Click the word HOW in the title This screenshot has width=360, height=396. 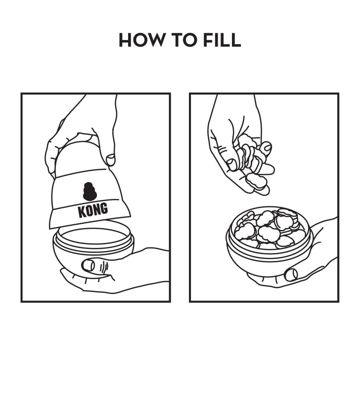(x=141, y=40)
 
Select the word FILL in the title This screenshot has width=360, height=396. (x=222, y=40)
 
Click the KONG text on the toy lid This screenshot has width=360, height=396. (x=92, y=210)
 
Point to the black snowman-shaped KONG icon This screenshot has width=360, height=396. (x=90, y=192)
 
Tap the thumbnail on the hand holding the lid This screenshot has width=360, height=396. (x=110, y=160)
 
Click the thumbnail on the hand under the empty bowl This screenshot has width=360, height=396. (x=88, y=265)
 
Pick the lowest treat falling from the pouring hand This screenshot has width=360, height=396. (x=257, y=181)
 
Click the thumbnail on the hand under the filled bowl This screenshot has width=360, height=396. (x=291, y=274)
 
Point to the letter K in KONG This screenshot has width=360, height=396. (x=82, y=212)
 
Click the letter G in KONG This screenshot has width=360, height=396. (x=104, y=208)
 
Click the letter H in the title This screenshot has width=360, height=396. (x=125, y=40)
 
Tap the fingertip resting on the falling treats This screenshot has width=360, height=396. (x=266, y=147)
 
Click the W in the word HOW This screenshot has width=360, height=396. (x=155, y=40)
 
